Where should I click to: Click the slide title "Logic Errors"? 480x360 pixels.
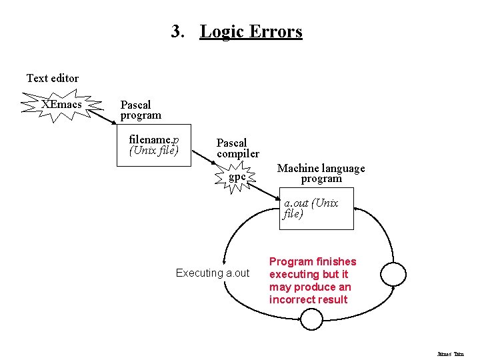(251, 31)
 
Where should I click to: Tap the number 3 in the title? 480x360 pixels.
(176, 31)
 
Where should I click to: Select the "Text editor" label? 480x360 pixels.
(52, 78)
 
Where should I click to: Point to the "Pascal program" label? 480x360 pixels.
(140, 110)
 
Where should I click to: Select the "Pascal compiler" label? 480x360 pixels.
(237, 148)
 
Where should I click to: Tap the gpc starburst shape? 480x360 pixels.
(237, 177)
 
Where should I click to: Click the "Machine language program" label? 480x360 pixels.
(321, 173)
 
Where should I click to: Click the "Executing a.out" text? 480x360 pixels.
(212, 273)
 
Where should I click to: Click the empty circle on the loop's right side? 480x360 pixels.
(393, 273)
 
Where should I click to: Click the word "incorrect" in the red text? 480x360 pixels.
(291, 299)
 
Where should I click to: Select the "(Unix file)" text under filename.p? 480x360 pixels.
(154, 150)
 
